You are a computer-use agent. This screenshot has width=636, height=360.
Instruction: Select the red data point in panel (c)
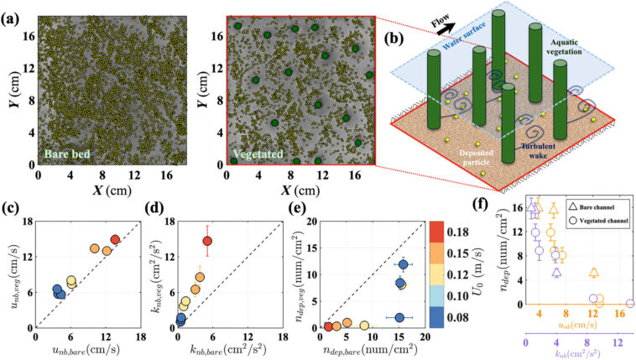[x=115, y=240]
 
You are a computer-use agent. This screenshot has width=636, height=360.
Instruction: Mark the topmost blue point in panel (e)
[x=404, y=265]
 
